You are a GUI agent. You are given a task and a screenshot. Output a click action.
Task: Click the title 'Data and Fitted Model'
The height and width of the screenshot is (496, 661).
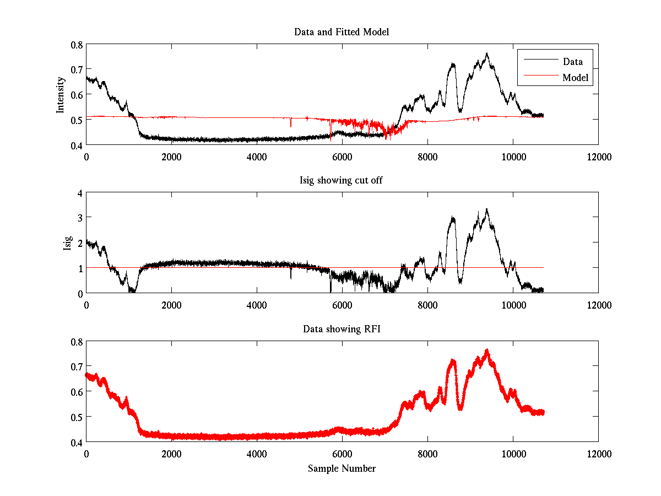[x=342, y=32]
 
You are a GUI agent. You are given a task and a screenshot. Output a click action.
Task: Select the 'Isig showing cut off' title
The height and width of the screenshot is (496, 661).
[x=342, y=180]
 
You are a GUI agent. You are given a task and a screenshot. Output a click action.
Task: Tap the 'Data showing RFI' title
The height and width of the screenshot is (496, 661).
[x=342, y=329]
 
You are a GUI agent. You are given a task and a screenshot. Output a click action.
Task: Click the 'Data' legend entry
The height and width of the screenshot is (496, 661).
[x=572, y=62]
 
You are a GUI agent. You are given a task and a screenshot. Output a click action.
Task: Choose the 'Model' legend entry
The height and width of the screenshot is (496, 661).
[x=575, y=78]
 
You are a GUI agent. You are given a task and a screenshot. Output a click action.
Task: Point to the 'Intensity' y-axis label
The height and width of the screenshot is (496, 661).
[x=61, y=95]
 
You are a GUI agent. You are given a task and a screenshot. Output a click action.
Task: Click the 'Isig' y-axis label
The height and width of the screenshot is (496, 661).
[x=67, y=243]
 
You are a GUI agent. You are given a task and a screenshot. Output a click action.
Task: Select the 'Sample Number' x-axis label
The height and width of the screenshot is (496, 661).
[x=342, y=468]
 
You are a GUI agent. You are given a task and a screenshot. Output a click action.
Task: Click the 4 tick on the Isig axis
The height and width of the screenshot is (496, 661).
[x=79, y=193]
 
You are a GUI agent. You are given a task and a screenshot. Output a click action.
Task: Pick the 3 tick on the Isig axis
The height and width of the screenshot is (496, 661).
[x=79, y=218]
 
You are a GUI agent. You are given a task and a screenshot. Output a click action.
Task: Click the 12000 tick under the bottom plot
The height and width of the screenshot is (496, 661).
[x=598, y=454]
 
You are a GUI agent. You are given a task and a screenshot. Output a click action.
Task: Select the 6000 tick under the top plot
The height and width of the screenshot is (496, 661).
[x=342, y=157]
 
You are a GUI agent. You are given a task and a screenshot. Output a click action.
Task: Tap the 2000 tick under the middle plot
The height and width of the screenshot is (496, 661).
[x=171, y=305]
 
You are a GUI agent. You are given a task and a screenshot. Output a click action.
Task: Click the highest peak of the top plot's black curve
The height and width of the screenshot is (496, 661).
[x=487, y=53]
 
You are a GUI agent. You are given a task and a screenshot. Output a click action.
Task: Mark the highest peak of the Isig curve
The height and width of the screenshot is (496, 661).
[x=487, y=209]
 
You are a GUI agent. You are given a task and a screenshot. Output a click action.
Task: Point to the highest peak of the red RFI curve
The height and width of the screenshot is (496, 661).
[x=487, y=350]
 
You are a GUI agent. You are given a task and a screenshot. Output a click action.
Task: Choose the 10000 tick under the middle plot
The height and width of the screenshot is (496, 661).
[x=513, y=305]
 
